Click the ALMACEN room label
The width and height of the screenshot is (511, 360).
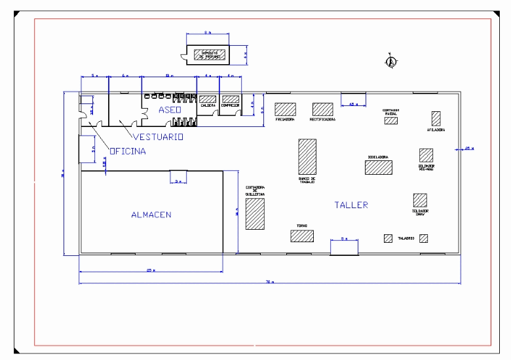[151, 215]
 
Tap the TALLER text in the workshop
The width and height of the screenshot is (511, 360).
[351, 205]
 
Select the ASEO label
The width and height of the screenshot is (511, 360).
[170, 110]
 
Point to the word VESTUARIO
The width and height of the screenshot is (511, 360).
[158, 137]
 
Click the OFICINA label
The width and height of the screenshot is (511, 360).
[128, 151]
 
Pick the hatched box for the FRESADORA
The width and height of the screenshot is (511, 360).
[285, 109]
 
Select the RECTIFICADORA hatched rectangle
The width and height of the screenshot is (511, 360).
[322, 109]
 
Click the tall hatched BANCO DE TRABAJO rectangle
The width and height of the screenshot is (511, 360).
[307, 156]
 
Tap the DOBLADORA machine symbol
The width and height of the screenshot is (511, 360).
[379, 167]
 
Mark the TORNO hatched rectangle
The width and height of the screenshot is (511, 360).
[302, 236]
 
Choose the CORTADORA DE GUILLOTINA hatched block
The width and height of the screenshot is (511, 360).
[255, 214]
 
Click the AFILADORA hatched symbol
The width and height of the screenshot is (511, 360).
[436, 118]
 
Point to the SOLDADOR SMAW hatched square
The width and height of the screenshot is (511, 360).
[420, 200]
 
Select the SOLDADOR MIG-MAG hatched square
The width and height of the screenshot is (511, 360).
[426, 155]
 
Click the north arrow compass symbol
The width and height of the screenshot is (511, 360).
[391, 62]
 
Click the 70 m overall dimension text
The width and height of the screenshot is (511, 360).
[269, 282]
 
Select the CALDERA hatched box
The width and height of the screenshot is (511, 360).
[208, 99]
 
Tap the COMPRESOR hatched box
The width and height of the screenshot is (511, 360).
[230, 99]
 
